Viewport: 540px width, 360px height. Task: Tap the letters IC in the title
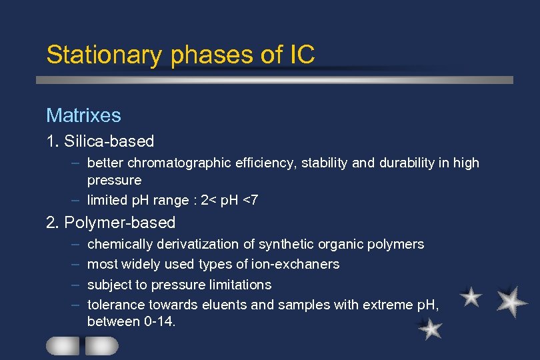(x=302, y=55)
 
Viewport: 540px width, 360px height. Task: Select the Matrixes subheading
(x=83, y=115)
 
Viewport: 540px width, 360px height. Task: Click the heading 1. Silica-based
(x=100, y=141)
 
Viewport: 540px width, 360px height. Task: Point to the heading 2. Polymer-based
(x=111, y=223)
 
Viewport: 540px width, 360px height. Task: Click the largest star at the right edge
(x=511, y=301)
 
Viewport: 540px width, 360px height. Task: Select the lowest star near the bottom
(x=431, y=328)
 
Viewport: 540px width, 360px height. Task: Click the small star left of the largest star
(x=471, y=297)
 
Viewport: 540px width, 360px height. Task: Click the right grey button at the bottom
(x=101, y=345)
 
